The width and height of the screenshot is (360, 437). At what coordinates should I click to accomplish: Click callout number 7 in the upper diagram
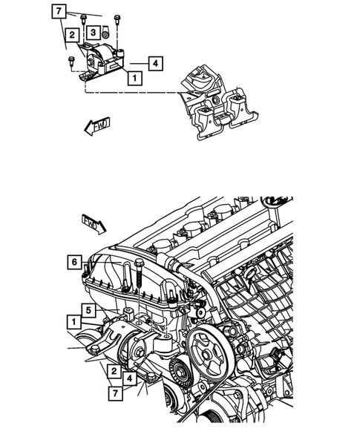tap(59, 11)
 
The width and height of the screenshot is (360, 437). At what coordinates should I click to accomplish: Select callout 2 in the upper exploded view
tap(71, 34)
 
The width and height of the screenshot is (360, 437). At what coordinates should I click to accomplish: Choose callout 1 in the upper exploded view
tap(134, 76)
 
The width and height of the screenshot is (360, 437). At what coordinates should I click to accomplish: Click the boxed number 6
tap(73, 261)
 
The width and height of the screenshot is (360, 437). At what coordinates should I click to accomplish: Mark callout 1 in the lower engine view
tap(73, 321)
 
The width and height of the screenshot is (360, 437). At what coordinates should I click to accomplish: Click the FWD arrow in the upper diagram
tap(96, 125)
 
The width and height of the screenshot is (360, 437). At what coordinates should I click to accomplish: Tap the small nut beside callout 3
tap(107, 33)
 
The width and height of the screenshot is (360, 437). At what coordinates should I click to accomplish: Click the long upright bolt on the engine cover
tap(139, 277)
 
